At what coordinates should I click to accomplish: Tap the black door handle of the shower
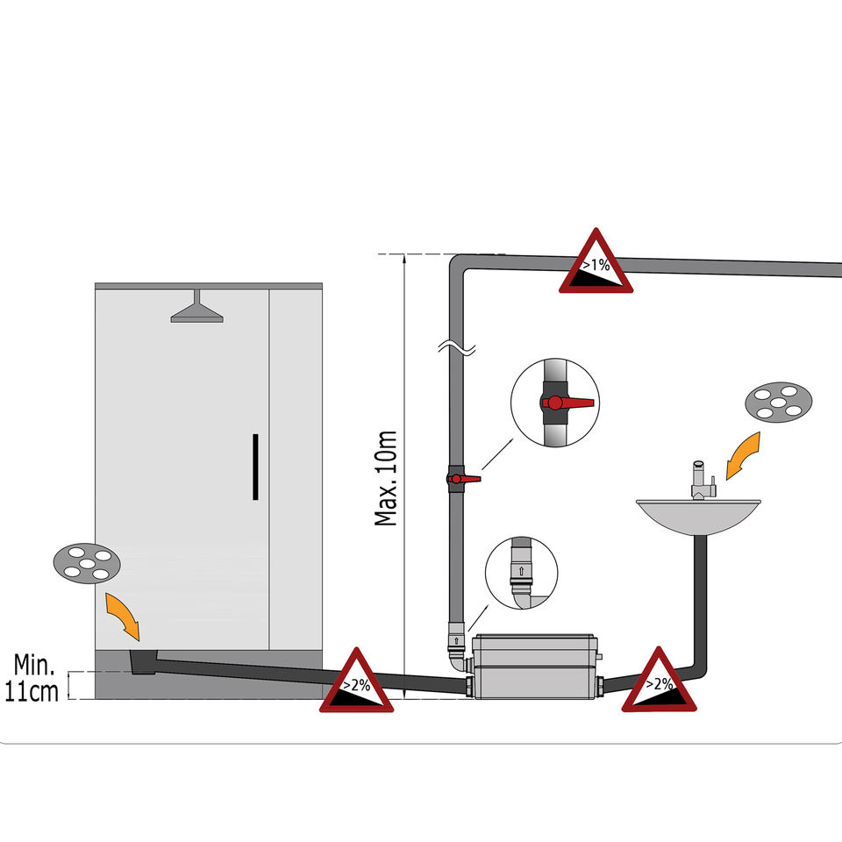click(x=255, y=467)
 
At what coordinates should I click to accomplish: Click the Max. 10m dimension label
click(x=386, y=478)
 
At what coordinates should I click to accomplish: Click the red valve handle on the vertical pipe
click(x=465, y=480)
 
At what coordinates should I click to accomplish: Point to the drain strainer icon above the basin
click(x=777, y=404)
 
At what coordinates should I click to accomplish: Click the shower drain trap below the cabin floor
click(x=139, y=663)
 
